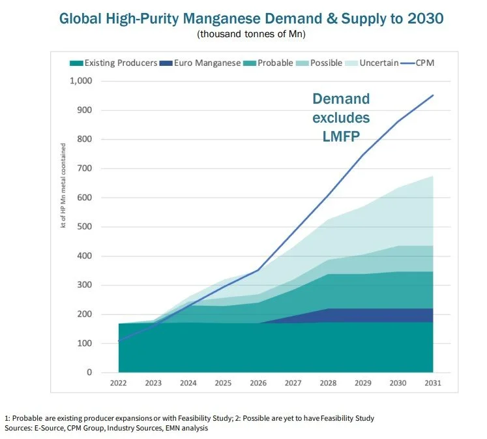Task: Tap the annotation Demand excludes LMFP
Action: (x=341, y=119)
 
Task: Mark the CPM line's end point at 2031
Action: (x=433, y=95)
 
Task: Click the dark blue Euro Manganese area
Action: (x=365, y=315)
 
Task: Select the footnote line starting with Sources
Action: (x=106, y=428)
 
